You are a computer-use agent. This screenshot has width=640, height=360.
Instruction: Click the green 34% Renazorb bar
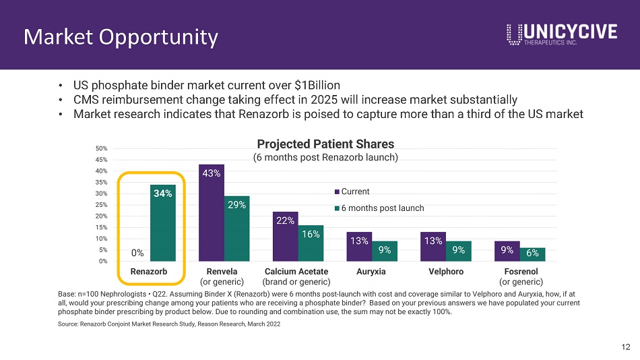coord(163,222)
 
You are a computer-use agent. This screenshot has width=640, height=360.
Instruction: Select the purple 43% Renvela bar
coord(212,213)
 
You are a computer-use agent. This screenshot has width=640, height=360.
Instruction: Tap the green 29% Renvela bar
coord(236,229)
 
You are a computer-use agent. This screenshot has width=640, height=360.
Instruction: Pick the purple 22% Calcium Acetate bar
coord(286,236)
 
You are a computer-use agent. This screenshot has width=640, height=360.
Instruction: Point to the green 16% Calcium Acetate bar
coord(311,243)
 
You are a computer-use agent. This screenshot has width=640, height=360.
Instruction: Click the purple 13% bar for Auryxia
coord(359,246)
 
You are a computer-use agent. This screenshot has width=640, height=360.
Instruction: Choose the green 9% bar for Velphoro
coord(458,251)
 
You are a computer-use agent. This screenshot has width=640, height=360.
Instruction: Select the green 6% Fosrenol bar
coord(532,254)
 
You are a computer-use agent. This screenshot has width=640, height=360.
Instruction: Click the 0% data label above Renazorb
coord(137,253)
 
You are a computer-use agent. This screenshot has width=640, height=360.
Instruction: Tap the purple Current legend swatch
coord(337,191)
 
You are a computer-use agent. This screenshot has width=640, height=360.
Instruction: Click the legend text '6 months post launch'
coord(383,208)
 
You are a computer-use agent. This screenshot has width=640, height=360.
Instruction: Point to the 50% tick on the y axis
coord(101,148)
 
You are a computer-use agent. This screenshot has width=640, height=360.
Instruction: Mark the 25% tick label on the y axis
coord(101,205)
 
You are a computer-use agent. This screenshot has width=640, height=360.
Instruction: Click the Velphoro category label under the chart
coord(446,271)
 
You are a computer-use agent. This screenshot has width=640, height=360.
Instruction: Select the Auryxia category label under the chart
coord(371,271)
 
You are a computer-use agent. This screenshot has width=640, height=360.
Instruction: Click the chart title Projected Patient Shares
coord(325,144)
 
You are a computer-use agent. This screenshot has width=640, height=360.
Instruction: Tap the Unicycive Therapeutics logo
coord(562,34)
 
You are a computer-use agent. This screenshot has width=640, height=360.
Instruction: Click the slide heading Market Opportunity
coord(121,37)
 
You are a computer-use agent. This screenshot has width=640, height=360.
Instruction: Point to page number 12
coord(626,347)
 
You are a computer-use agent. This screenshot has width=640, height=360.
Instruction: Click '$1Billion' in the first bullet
coord(317,85)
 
